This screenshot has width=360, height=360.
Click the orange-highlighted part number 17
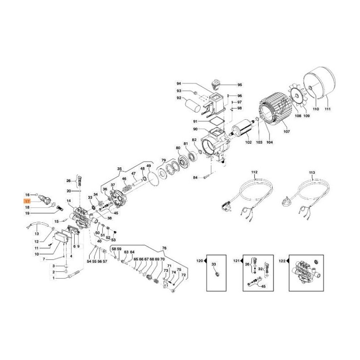[27, 201]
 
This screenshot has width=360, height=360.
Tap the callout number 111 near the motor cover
[327, 109]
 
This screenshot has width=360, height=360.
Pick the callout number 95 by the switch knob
[239, 85]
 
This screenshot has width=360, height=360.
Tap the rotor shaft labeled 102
[243, 131]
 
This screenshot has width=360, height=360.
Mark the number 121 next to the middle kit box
[236, 261]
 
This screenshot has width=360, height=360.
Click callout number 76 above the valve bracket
[164, 248]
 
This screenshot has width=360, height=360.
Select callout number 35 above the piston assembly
[119, 170]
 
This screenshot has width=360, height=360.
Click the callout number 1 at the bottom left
[54, 278]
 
